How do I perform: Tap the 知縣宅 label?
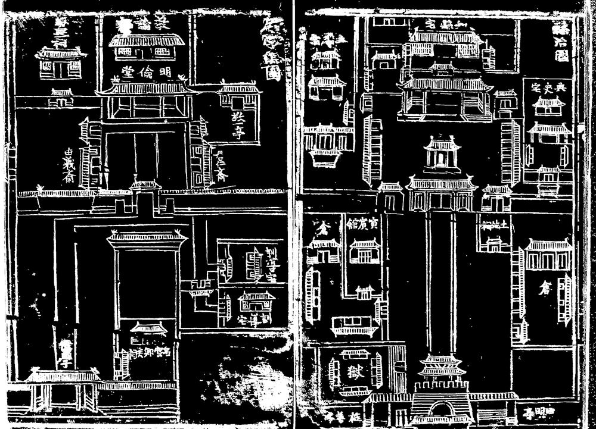[x=443, y=23]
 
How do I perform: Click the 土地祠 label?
[x=493, y=224]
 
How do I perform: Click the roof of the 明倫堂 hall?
[x=147, y=88]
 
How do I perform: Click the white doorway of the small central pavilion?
[x=441, y=158]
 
